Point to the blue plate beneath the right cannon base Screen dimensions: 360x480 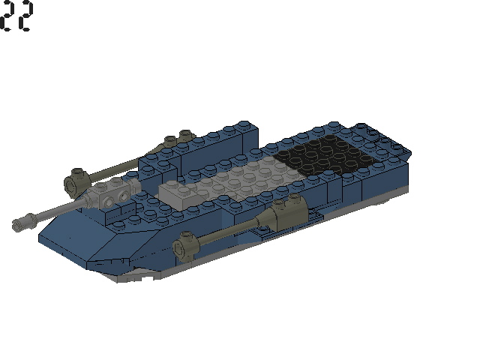coord(307,217)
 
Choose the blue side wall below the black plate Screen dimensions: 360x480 coord(375,184)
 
